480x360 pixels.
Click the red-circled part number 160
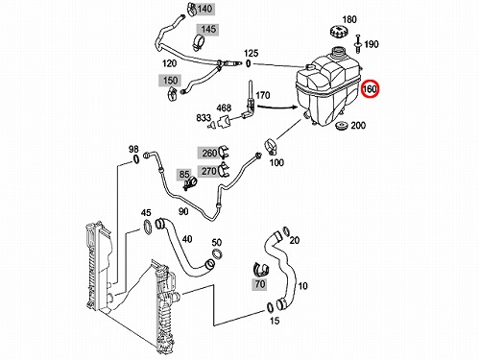click(x=370, y=88)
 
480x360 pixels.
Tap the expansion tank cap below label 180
click(x=339, y=32)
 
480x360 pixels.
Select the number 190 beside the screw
click(x=372, y=44)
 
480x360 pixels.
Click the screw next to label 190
click(x=358, y=43)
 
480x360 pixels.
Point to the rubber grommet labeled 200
click(x=342, y=126)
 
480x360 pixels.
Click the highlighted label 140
click(x=204, y=9)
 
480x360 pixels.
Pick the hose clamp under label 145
click(x=199, y=43)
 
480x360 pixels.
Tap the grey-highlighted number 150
click(x=170, y=80)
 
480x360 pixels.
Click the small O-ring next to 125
click(x=248, y=64)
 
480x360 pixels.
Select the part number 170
click(x=263, y=95)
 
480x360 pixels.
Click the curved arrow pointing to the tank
click(x=277, y=107)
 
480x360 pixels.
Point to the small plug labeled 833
click(x=211, y=125)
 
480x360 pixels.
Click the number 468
click(x=224, y=108)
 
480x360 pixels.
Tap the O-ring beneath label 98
click(x=135, y=159)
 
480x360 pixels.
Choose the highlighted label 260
click(x=209, y=153)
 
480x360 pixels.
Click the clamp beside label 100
click(x=271, y=146)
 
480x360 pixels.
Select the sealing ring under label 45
click(x=147, y=227)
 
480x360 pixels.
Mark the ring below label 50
click(x=217, y=254)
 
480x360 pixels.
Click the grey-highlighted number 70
click(x=260, y=284)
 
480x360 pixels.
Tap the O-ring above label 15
click(x=270, y=307)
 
